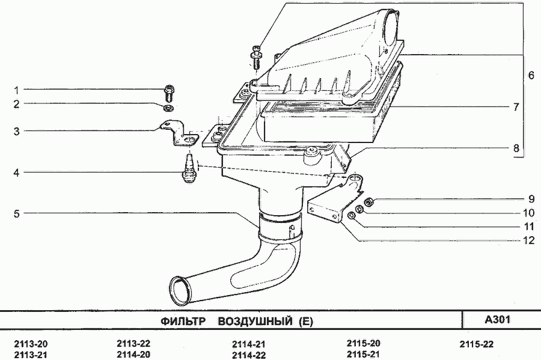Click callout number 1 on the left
coord(16,90)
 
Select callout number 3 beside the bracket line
coord(17,132)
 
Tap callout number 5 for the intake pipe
coord(17,214)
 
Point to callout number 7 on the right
coord(516,107)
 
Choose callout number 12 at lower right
coord(528,240)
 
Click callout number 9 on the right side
coord(531,199)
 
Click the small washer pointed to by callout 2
coord(169,108)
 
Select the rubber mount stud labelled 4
coord(188,168)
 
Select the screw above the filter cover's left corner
coord(255,56)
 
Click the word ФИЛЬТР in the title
coord(183,322)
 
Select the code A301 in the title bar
coord(498,320)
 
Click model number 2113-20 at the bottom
coord(31,344)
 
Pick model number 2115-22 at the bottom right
coord(477,344)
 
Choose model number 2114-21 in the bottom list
coord(249,344)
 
